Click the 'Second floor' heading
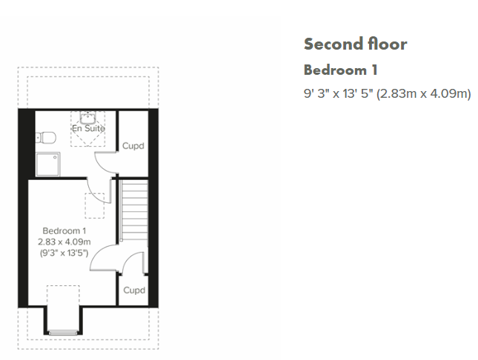coord(355,44)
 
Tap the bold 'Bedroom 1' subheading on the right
coord(340,70)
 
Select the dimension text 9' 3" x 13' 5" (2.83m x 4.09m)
coord(387,93)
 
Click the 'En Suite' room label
coord(88,128)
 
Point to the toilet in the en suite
coord(46,138)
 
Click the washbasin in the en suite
coord(87,117)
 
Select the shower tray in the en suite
coord(47,164)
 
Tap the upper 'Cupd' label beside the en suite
coord(133,146)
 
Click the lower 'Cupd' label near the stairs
coord(134,290)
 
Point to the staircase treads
coord(134,210)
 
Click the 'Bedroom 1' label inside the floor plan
coord(64,231)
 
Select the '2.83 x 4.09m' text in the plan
coord(64,242)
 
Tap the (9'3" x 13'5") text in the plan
coord(64,253)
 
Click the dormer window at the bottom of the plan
coord(63,333)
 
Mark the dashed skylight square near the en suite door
coord(95,206)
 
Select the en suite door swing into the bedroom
coord(95,195)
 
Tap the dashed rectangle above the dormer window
coord(63,296)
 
